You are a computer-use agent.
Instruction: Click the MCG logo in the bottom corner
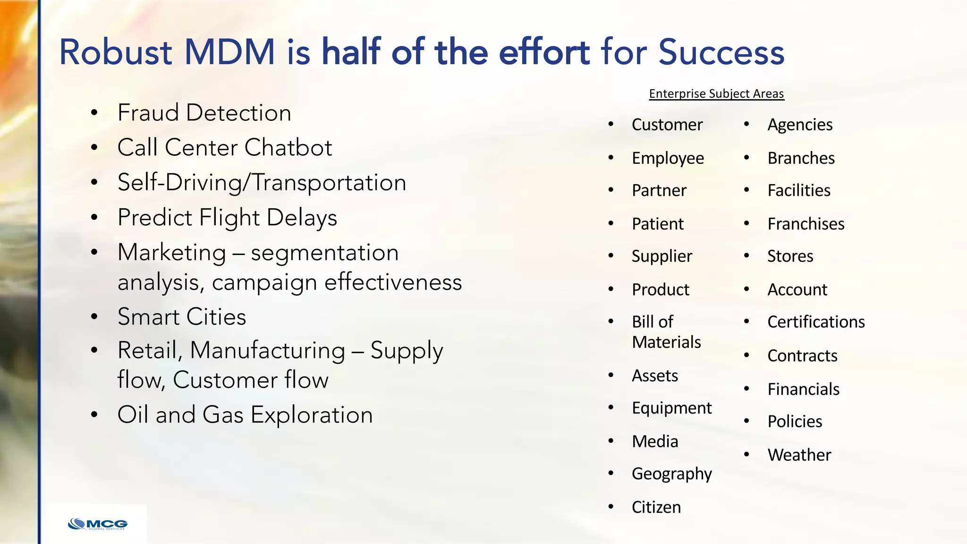coord(98,524)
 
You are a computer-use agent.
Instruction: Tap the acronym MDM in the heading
coord(229,52)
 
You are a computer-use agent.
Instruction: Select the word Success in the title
coord(721,52)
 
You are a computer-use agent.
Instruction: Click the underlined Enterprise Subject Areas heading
coord(716,93)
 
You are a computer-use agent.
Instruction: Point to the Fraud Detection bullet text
coord(204,113)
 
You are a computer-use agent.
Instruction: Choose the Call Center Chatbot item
coord(225,147)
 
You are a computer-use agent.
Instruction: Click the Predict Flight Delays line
coord(227,218)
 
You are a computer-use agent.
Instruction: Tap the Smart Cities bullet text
coord(182,317)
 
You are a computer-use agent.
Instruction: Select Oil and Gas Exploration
coord(245,415)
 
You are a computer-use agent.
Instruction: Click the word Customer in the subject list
coord(667,125)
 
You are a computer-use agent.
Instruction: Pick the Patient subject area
coord(657,224)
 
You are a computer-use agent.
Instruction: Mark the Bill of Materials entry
coord(666,331)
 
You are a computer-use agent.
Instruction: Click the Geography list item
coord(671,474)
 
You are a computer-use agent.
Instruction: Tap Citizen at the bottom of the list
coord(656,507)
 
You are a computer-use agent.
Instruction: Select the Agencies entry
coord(800,125)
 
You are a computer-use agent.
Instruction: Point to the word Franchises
coord(806,224)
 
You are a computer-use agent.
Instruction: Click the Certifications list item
coord(816,322)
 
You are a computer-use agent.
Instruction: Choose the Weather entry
coord(799,455)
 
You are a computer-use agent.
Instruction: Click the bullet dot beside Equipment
coord(611,408)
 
